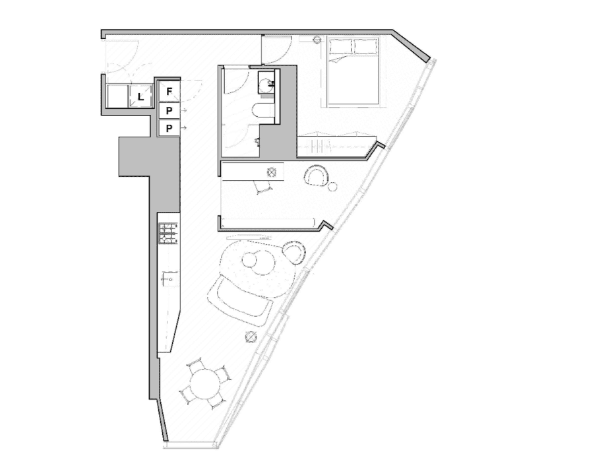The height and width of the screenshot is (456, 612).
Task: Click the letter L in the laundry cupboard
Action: click(x=141, y=97)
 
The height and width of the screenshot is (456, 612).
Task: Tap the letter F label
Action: click(x=169, y=92)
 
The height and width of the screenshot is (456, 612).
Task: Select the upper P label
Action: click(x=169, y=111)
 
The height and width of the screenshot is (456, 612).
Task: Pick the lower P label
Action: click(x=169, y=128)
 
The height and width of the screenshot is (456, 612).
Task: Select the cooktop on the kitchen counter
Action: click(x=168, y=234)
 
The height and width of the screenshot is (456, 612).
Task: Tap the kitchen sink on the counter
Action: click(x=170, y=278)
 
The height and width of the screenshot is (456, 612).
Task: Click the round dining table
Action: click(x=206, y=384)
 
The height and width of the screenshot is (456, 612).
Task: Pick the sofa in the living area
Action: click(x=239, y=300)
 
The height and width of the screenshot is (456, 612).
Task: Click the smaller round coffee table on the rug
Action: click(x=249, y=259)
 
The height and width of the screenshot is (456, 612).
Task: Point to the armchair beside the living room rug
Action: click(x=294, y=252)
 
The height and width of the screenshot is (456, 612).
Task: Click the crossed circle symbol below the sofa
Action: click(x=251, y=336)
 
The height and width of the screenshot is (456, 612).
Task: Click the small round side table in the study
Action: click(x=332, y=187)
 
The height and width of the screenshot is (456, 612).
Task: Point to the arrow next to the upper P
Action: click(x=184, y=110)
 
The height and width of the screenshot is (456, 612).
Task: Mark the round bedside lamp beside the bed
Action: click(x=318, y=39)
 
